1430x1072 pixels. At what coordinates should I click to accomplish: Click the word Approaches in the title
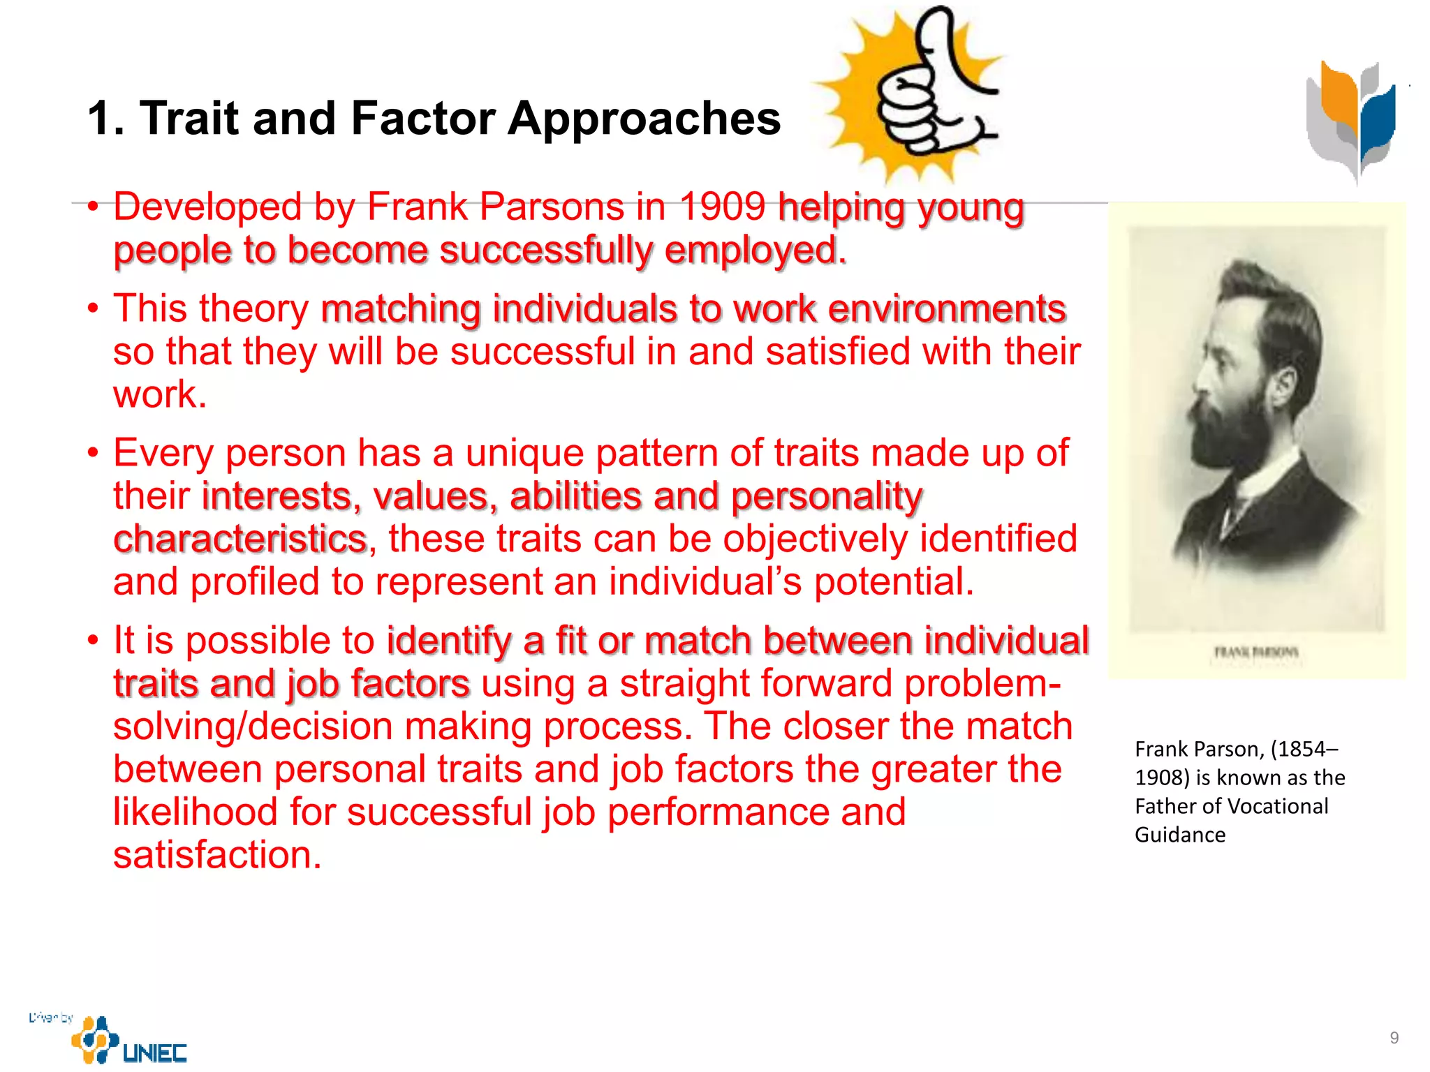[644, 119]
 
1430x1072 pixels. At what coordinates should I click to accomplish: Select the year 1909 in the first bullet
[723, 207]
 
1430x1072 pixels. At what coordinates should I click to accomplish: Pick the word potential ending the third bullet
[894, 582]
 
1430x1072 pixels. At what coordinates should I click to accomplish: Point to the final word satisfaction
[217, 855]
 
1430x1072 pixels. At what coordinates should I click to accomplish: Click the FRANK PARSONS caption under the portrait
[1255, 653]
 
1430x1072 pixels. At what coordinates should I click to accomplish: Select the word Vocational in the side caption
[1279, 807]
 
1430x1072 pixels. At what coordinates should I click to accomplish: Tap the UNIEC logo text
[154, 1052]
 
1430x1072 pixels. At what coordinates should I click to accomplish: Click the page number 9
[1394, 1038]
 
